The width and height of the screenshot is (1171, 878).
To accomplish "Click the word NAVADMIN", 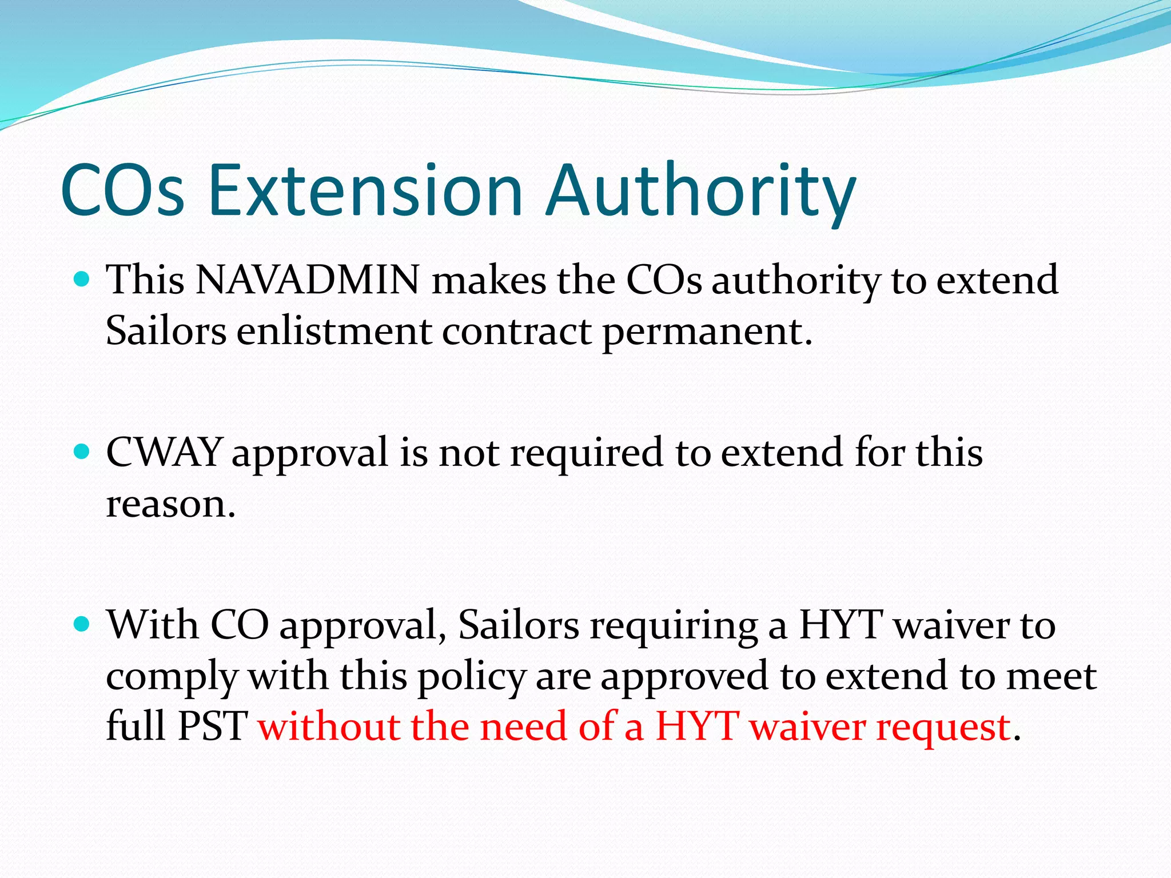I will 308,280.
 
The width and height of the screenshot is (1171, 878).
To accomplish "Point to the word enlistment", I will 334,331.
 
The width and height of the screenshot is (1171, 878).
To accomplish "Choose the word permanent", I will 707,332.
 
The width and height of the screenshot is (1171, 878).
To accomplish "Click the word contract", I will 516,332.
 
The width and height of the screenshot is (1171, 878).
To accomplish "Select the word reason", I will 170,504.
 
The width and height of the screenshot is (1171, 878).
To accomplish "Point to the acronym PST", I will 213,726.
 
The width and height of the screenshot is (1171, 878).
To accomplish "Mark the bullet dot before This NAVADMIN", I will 82,280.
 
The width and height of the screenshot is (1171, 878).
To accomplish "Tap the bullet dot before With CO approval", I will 82,624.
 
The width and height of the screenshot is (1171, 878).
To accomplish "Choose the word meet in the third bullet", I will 1051,676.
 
